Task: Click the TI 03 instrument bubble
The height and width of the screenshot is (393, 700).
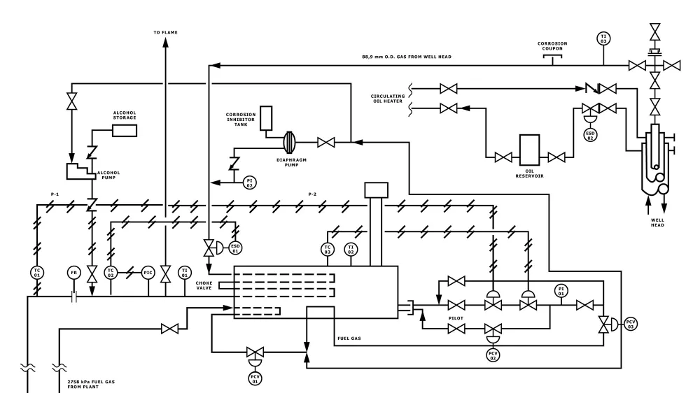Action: coord(603,38)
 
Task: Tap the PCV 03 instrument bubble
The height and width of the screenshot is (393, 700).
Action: coord(631,324)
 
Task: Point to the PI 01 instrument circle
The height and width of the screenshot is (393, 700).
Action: coord(560,291)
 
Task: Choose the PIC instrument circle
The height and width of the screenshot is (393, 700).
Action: coord(148,272)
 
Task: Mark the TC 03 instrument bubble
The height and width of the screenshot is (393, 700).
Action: coord(327,248)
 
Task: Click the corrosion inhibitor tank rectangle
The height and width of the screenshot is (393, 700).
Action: coord(265,119)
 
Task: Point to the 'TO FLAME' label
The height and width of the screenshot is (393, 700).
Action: coord(165,32)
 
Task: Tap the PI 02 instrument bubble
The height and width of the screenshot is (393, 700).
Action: coord(249,183)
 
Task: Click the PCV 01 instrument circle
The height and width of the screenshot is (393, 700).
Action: coord(255,378)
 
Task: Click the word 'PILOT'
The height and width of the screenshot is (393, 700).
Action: coord(457,317)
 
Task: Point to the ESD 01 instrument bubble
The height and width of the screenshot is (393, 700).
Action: coord(237,248)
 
